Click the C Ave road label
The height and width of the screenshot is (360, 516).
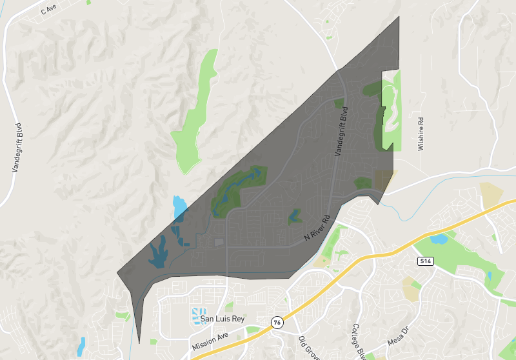click(x=49, y=10)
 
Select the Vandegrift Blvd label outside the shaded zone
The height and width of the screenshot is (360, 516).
click(x=17, y=148)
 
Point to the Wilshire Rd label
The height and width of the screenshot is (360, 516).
click(x=421, y=133)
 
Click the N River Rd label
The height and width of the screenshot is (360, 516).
click(x=317, y=228)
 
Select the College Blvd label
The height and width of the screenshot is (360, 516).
click(x=359, y=343)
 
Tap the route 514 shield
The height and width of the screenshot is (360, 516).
click(x=424, y=261)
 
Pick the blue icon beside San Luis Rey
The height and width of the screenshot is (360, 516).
click(x=196, y=317)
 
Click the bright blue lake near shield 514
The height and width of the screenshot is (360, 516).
click(x=439, y=239)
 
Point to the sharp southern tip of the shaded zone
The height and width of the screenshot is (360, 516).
click(x=139, y=340)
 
